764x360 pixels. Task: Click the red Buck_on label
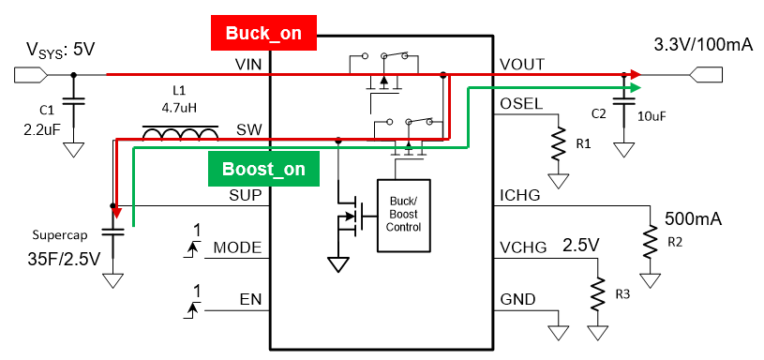click(x=263, y=33)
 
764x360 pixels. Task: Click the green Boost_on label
click(x=263, y=169)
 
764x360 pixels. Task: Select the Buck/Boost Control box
click(x=404, y=216)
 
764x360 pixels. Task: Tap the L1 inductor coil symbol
click(x=180, y=132)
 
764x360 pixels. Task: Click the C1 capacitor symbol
click(x=73, y=101)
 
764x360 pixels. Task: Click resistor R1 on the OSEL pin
click(x=559, y=143)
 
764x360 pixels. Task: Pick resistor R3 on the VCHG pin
click(x=597, y=294)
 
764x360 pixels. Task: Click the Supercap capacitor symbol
click(x=113, y=232)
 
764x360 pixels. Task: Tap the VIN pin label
click(x=248, y=65)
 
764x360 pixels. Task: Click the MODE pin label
click(x=238, y=247)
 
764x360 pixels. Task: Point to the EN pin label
click(x=250, y=299)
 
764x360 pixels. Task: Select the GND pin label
click(x=517, y=299)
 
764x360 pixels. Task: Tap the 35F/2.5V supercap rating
click(x=64, y=258)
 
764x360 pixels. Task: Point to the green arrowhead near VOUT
click(x=635, y=88)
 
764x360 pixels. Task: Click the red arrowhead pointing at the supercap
click(x=116, y=212)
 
